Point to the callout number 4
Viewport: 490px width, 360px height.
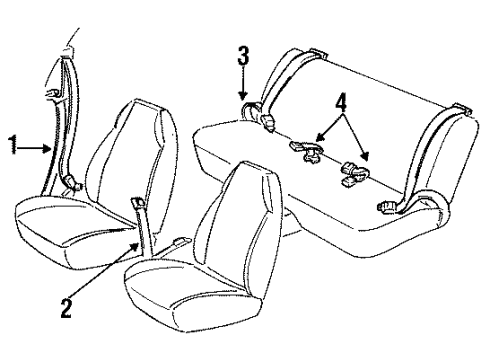pos(341,102)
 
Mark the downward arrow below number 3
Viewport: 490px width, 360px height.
pos(243,83)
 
